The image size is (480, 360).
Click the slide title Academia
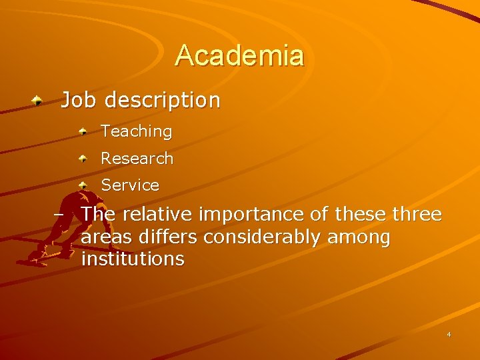click(239, 55)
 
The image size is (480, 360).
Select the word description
click(162, 101)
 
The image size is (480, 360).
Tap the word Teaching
click(136, 132)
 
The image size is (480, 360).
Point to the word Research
click(137, 159)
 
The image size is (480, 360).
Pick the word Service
click(130, 185)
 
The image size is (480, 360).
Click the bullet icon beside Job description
click(40, 101)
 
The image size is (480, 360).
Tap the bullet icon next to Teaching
click(83, 132)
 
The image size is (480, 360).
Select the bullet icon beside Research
click(83, 159)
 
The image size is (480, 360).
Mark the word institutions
click(133, 259)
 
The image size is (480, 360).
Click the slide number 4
click(449, 335)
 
